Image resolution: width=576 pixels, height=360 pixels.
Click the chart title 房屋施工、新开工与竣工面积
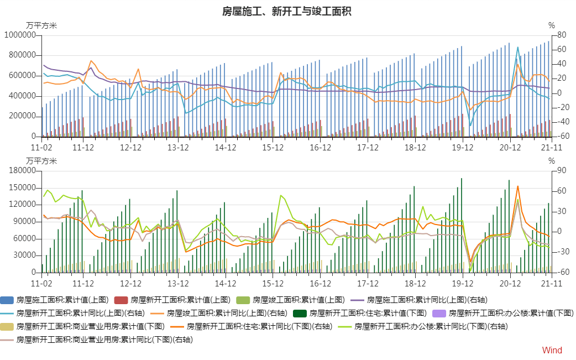287,12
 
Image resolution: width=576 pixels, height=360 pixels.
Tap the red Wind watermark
552,350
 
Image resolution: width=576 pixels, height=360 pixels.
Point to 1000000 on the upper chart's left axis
20,35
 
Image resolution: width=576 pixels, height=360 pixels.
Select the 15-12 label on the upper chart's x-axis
273,148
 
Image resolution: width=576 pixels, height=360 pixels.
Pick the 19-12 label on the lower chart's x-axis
463,283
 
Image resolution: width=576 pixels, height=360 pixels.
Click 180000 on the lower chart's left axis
22,171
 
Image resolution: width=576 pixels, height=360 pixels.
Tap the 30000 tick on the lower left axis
24,255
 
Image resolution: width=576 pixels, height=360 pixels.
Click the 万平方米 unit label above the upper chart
41,25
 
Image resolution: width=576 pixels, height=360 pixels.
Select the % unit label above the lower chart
551,161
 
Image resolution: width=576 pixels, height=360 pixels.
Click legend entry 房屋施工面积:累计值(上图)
62,300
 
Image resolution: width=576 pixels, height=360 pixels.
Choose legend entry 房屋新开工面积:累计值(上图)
180,300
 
